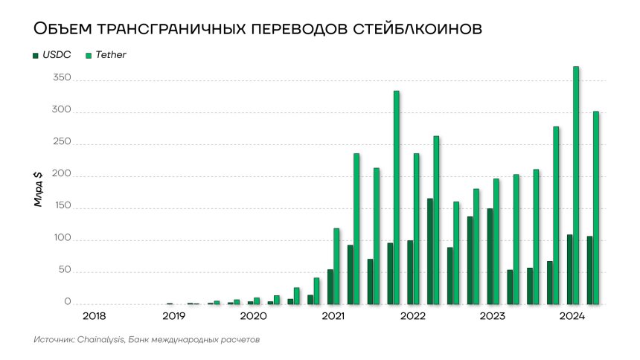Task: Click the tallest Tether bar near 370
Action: (576, 186)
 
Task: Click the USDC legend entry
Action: (56, 55)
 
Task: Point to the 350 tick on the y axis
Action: (62, 78)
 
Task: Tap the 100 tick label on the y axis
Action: (62, 239)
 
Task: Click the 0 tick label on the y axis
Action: (67, 303)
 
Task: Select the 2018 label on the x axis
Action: (94, 317)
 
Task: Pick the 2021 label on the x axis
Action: (333, 317)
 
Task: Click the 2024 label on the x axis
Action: (571, 317)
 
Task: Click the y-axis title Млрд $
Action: (38, 189)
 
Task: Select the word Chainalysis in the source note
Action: (100, 340)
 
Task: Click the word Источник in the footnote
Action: (53, 340)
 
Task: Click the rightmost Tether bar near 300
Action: (595, 208)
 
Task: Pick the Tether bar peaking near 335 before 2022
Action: (397, 197)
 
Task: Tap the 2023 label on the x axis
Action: (491, 317)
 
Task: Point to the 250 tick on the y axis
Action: (62, 142)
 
